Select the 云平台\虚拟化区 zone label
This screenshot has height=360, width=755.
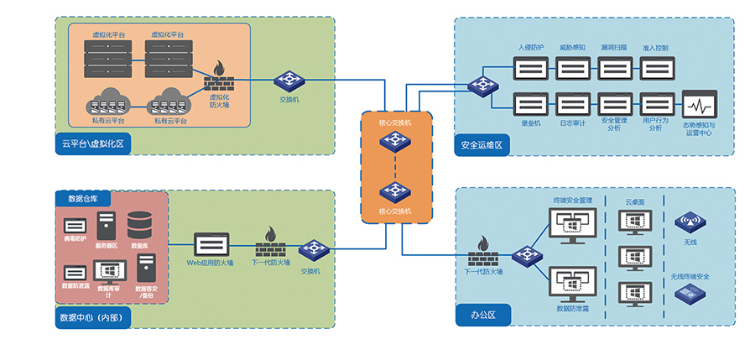92,144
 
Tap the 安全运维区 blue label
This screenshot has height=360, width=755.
481,144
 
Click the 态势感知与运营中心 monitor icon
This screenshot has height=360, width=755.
698,107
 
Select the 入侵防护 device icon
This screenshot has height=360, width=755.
531,67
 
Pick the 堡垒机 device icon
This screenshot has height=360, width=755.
531,105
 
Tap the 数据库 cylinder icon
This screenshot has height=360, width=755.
139,225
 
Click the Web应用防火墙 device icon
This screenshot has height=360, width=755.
211,244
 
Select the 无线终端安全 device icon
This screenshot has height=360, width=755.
690,293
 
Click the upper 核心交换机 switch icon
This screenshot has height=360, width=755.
394,140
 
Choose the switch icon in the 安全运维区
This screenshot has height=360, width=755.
482,85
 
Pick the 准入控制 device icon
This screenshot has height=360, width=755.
655,67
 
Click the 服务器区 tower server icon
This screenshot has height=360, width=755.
106,226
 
